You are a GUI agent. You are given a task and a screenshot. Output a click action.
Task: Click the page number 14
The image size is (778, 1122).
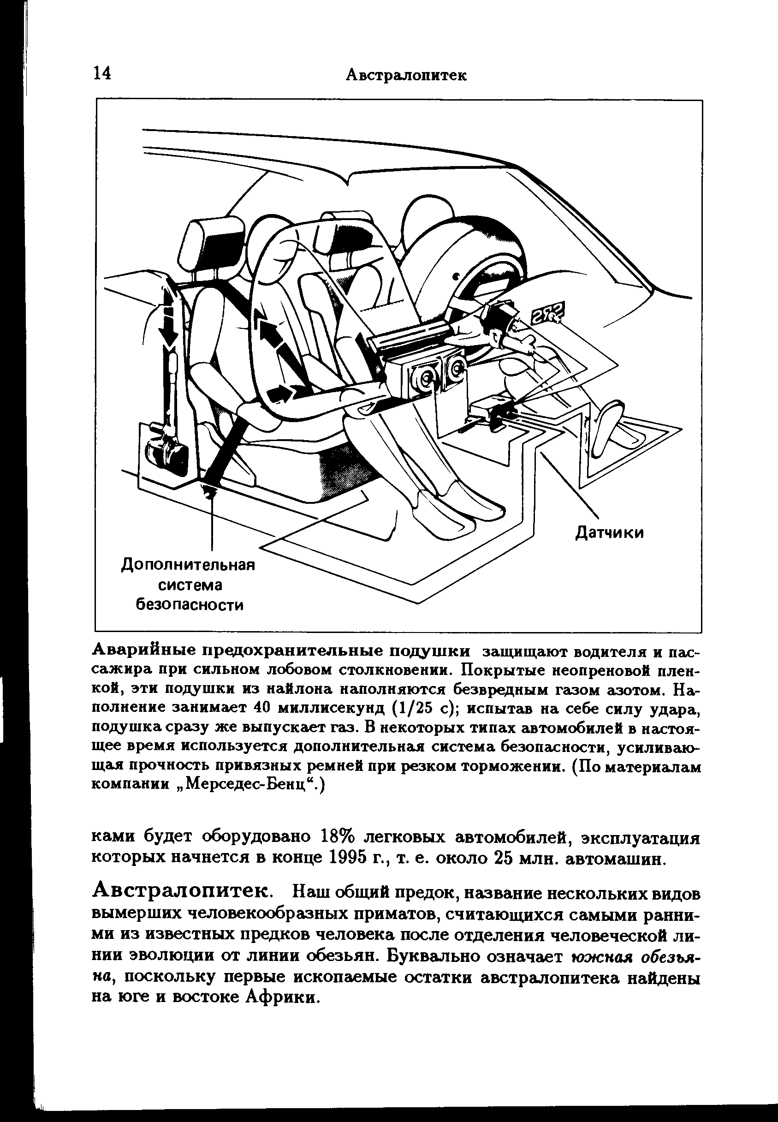coord(102,74)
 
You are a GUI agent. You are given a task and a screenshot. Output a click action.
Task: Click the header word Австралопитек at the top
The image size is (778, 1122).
coord(405,76)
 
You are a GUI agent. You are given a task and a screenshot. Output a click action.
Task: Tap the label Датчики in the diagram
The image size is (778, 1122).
coord(609,533)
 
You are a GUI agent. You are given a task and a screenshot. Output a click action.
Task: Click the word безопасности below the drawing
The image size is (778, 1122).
coord(189,605)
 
